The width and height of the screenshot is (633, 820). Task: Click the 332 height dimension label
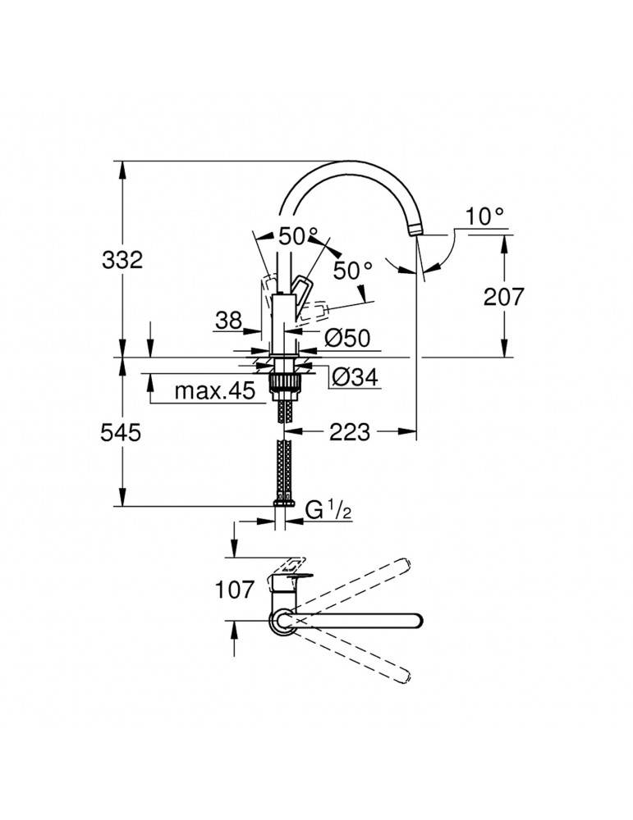pyautogui.click(x=122, y=261)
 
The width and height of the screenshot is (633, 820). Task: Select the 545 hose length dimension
pyautogui.click(x=122, y=432)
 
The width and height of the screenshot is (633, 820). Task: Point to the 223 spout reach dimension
pyautogui.click(x=350, y=431)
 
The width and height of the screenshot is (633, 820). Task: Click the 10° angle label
pyautogui.click(x=485, y=216)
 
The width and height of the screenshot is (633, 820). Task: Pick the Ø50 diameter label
pyautogui.click(x=347, y=336)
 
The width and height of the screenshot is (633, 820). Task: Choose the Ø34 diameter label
pyautogui.click(x=354, y=377)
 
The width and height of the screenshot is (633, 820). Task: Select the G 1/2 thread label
pyautogui.click(x=329, y=511)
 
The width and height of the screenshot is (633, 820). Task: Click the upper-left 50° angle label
pyautogui.click(x=296, y=236)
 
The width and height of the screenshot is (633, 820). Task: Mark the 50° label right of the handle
pyautogui.click(x=353, y=270)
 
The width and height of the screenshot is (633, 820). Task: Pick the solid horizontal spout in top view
pyautogui.click(x=361, y=621)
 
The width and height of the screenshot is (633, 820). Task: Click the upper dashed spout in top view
pyautogui.click(x=361, y=581)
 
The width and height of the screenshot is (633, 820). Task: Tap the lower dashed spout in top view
pyautogui.click(x=361, y=658)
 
